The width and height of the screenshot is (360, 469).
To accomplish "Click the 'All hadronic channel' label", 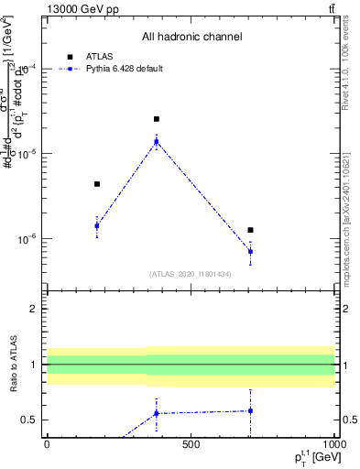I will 191,37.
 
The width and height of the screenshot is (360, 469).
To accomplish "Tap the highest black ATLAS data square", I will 157,119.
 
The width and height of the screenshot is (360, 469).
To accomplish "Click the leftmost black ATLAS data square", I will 97,184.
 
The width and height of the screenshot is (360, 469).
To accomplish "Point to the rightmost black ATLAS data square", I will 250,230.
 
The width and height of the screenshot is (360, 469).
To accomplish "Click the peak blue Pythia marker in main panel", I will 157,141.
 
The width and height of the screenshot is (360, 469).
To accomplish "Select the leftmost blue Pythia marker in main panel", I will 97,225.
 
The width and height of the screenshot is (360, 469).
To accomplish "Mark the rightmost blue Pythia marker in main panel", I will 250,251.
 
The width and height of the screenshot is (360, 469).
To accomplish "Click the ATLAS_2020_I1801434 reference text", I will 191,274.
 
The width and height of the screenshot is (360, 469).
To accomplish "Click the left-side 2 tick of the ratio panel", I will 36,309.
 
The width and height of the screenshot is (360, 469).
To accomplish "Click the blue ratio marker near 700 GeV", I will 250,410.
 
